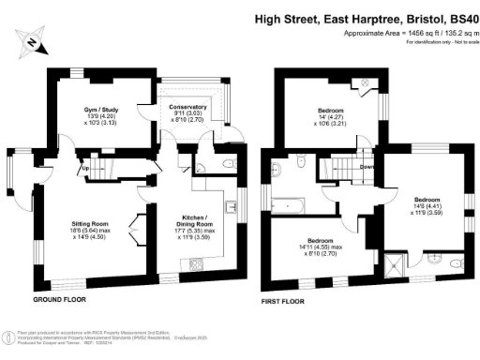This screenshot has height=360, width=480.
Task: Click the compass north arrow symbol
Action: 31,42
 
